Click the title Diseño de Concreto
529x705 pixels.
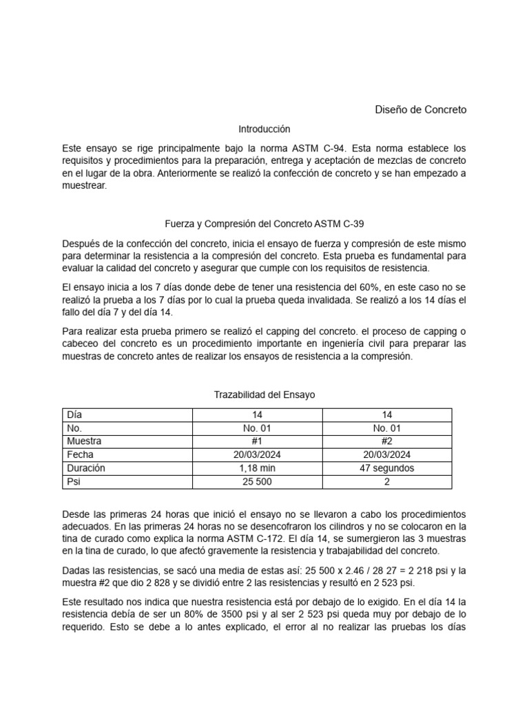click(x=420, y=109)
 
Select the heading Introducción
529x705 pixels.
click(x=264, y=129)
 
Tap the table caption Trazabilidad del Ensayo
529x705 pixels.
click(x=264, y=394)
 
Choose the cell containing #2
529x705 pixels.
click(x=387, y=441)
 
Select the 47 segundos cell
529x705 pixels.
click(x=387, y=468)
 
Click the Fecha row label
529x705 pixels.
click(x=80, y=455)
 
